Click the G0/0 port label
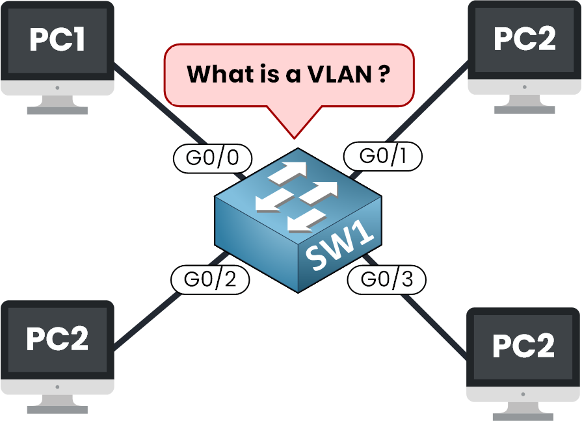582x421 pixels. (213, 157)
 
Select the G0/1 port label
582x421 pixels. (382, 156)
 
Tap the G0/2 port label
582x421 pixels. (209, 279)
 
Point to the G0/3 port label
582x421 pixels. (386, 280)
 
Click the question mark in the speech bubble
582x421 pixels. (384, 73)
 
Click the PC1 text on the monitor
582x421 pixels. (57, 40)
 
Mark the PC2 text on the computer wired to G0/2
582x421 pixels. (57, 339)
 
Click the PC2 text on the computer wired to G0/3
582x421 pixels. (524, 345)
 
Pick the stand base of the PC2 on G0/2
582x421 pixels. (57, 408)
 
